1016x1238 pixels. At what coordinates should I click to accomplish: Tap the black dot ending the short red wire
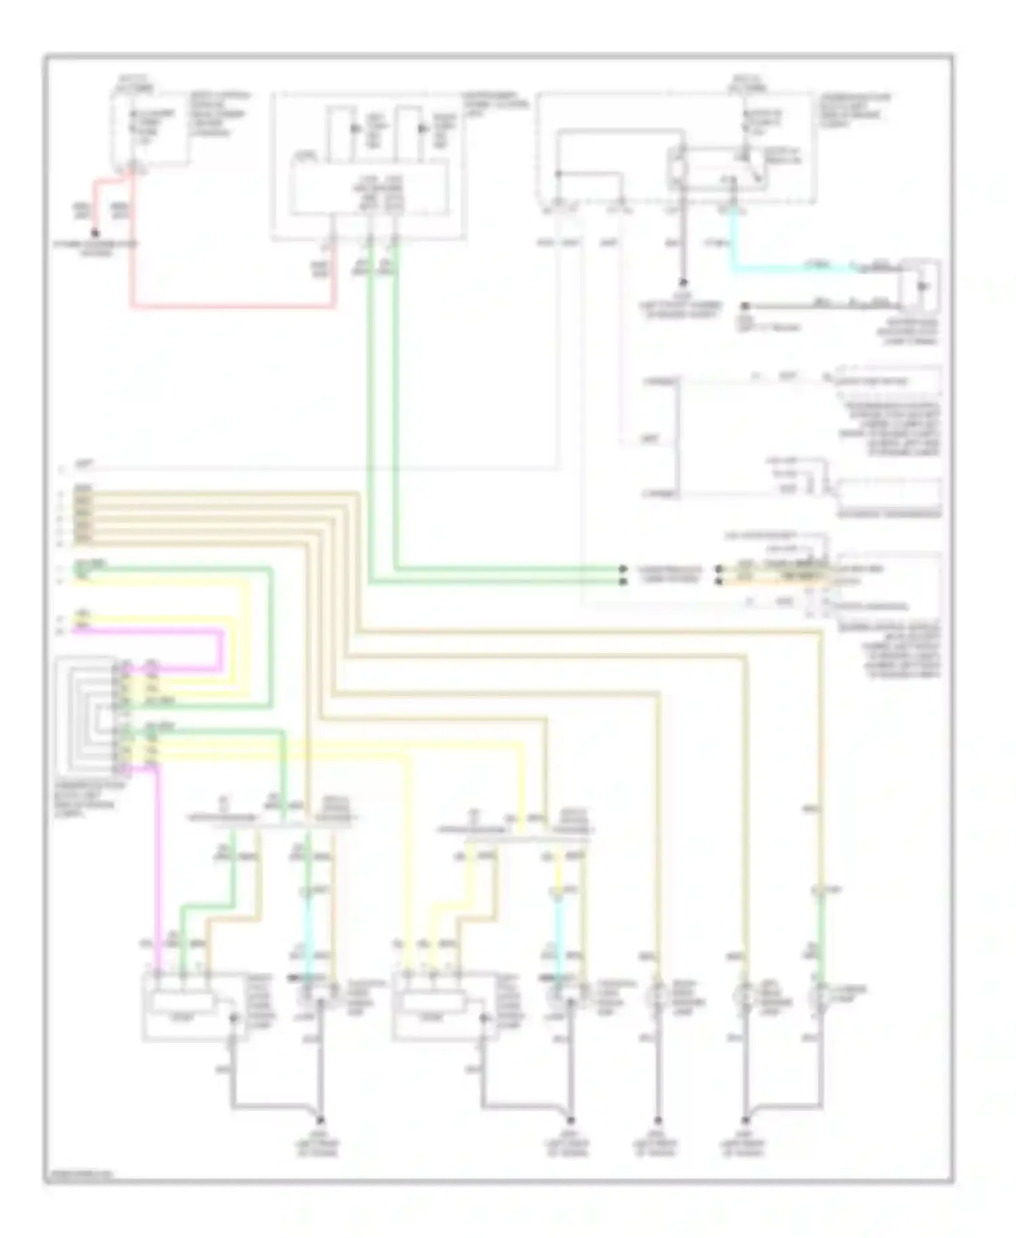tap(96, 233)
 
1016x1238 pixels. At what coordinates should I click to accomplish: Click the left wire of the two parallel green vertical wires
tap(370, 406)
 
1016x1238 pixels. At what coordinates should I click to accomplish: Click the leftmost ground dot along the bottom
tap(320, 1119)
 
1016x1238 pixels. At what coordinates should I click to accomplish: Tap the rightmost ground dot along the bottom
tap(745, 1119)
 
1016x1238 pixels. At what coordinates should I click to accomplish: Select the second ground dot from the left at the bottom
tap(570, 1119)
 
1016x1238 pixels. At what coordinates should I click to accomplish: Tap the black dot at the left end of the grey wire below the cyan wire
tap(744, 306)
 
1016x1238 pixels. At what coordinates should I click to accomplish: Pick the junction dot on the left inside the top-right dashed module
tap(558, 174)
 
